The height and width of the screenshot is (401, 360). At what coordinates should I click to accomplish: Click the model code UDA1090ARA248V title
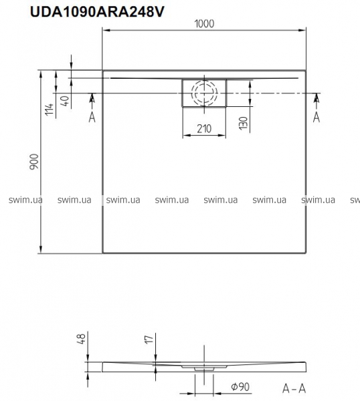pyautogui.click(x=97, y=12)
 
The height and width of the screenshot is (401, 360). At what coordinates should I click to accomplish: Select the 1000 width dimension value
pyautogui.click(x=204, y=24)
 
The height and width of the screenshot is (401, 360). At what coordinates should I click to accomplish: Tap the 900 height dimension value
pyautogui.click(x=34, y=161)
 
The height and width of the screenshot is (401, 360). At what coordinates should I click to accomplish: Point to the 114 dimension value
pyautogui.click(x=49, y=109)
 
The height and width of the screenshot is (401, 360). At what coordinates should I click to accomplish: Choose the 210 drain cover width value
pyautogui.click(x=204, y=128)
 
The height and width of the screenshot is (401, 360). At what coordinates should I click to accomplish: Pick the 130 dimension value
pyautogui.click(x=244, y=123)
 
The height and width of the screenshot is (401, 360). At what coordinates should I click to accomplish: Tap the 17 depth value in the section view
pyautogui.click(x=149, y=340)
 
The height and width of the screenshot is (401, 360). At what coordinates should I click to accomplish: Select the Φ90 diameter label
pyautogui.click(x=240, y=387)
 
